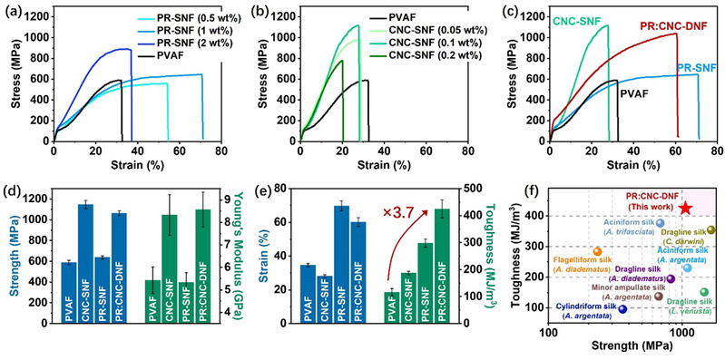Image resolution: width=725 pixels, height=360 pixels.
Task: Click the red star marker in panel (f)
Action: [686, 208]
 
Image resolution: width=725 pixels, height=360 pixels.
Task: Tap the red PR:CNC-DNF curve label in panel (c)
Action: [673, 27]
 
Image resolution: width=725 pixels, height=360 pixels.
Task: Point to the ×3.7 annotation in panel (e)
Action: [397, 213]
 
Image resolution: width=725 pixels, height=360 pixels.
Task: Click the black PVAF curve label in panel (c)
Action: [633, 93]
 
